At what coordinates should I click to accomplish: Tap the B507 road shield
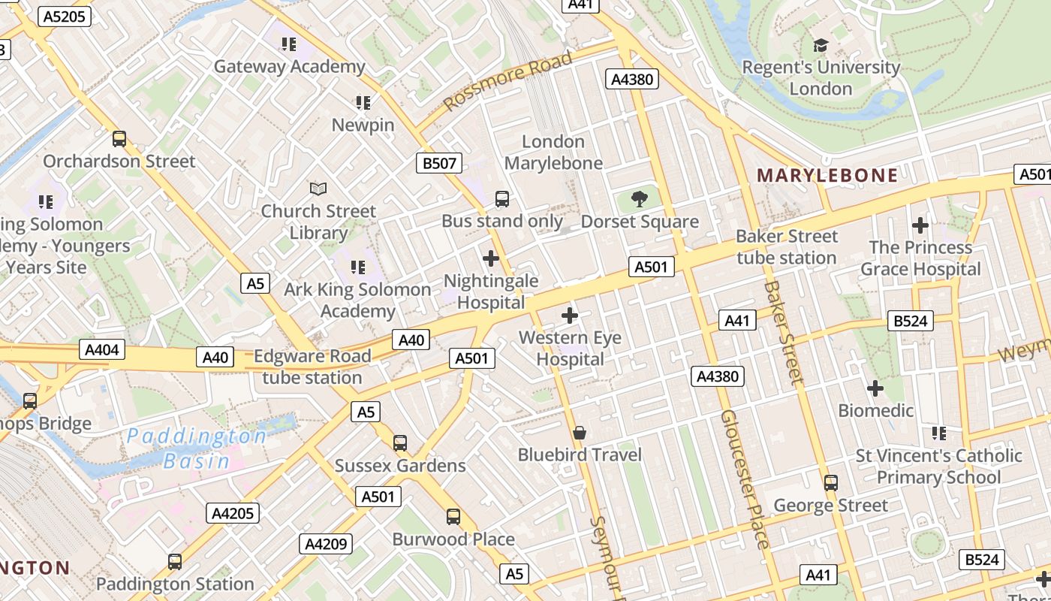click(x=438, y=163)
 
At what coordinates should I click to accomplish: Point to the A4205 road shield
click(x=233, y=513)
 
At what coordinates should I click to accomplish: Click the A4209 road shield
click(x=326, y=544)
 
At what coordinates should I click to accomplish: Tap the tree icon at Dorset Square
click(x=640, y=199)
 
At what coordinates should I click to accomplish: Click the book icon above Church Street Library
click(x=318, y=189)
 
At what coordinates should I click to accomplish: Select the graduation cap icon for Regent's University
click(x=821, y=46)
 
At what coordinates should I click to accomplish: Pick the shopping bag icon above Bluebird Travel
click(x=580, y=433)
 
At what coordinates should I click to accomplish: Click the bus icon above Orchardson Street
click(x=119, y=139)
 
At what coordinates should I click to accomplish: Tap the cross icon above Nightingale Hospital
click(x=491, y=258)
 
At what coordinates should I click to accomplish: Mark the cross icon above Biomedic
click(x=875, y=388)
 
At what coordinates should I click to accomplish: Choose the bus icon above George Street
click(x=830, y=483)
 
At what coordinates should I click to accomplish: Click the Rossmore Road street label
click(x=507, y=81)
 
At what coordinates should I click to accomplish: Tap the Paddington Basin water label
click(x=197, y=448)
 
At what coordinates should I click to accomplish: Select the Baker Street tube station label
click(x=786, y=247)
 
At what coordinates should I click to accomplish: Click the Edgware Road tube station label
click(x=312, y=367)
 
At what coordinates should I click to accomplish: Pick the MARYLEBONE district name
click(x=827, y=176)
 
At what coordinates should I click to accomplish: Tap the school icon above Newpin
click(x=363, y=103)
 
